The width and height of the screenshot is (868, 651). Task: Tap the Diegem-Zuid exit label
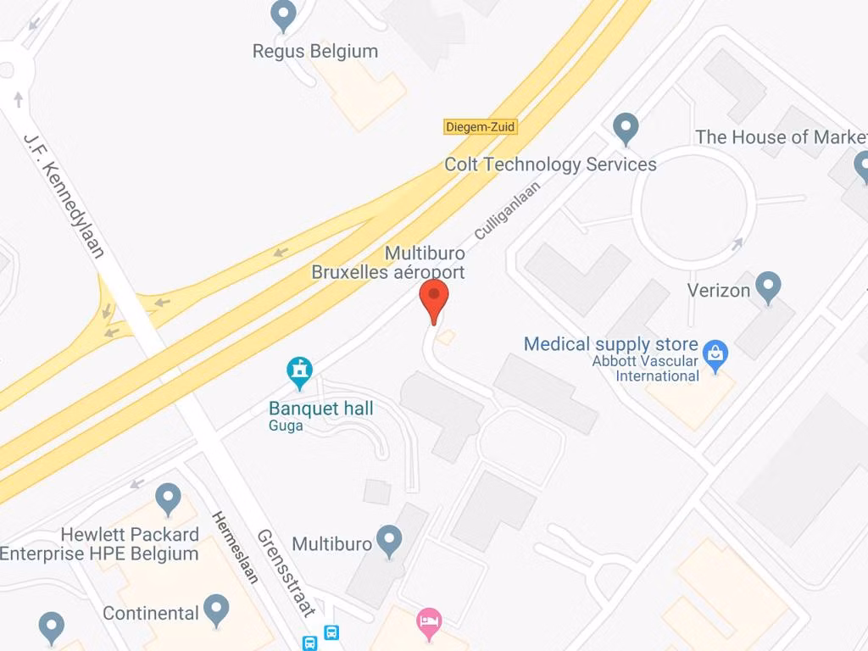[x=480, y=127]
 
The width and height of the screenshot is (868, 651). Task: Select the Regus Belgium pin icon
[x=283, y=15]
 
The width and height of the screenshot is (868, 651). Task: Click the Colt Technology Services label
[x=550, y=164]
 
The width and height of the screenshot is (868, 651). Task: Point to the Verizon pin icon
[x=768, y=287]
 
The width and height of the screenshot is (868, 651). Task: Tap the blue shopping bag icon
[x=715, y=354]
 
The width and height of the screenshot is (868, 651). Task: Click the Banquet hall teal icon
[x=299, y=370]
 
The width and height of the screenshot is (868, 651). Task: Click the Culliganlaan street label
[x=507, y=211]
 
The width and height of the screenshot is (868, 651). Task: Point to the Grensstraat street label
[x=287, y=572]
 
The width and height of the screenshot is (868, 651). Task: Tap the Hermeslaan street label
[x=235, y=547]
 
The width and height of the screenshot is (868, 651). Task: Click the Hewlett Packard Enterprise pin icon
[x=169, y=498]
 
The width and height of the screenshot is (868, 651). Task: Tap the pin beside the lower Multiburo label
[x=389, y=540]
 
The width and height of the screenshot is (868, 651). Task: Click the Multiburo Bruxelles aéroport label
[x=389, y=263]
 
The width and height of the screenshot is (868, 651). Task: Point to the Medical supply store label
[x=610, y=344]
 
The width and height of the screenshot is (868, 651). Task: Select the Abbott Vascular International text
[x=646, y=369]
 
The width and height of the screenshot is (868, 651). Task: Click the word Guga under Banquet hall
[x=286, y=426]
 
